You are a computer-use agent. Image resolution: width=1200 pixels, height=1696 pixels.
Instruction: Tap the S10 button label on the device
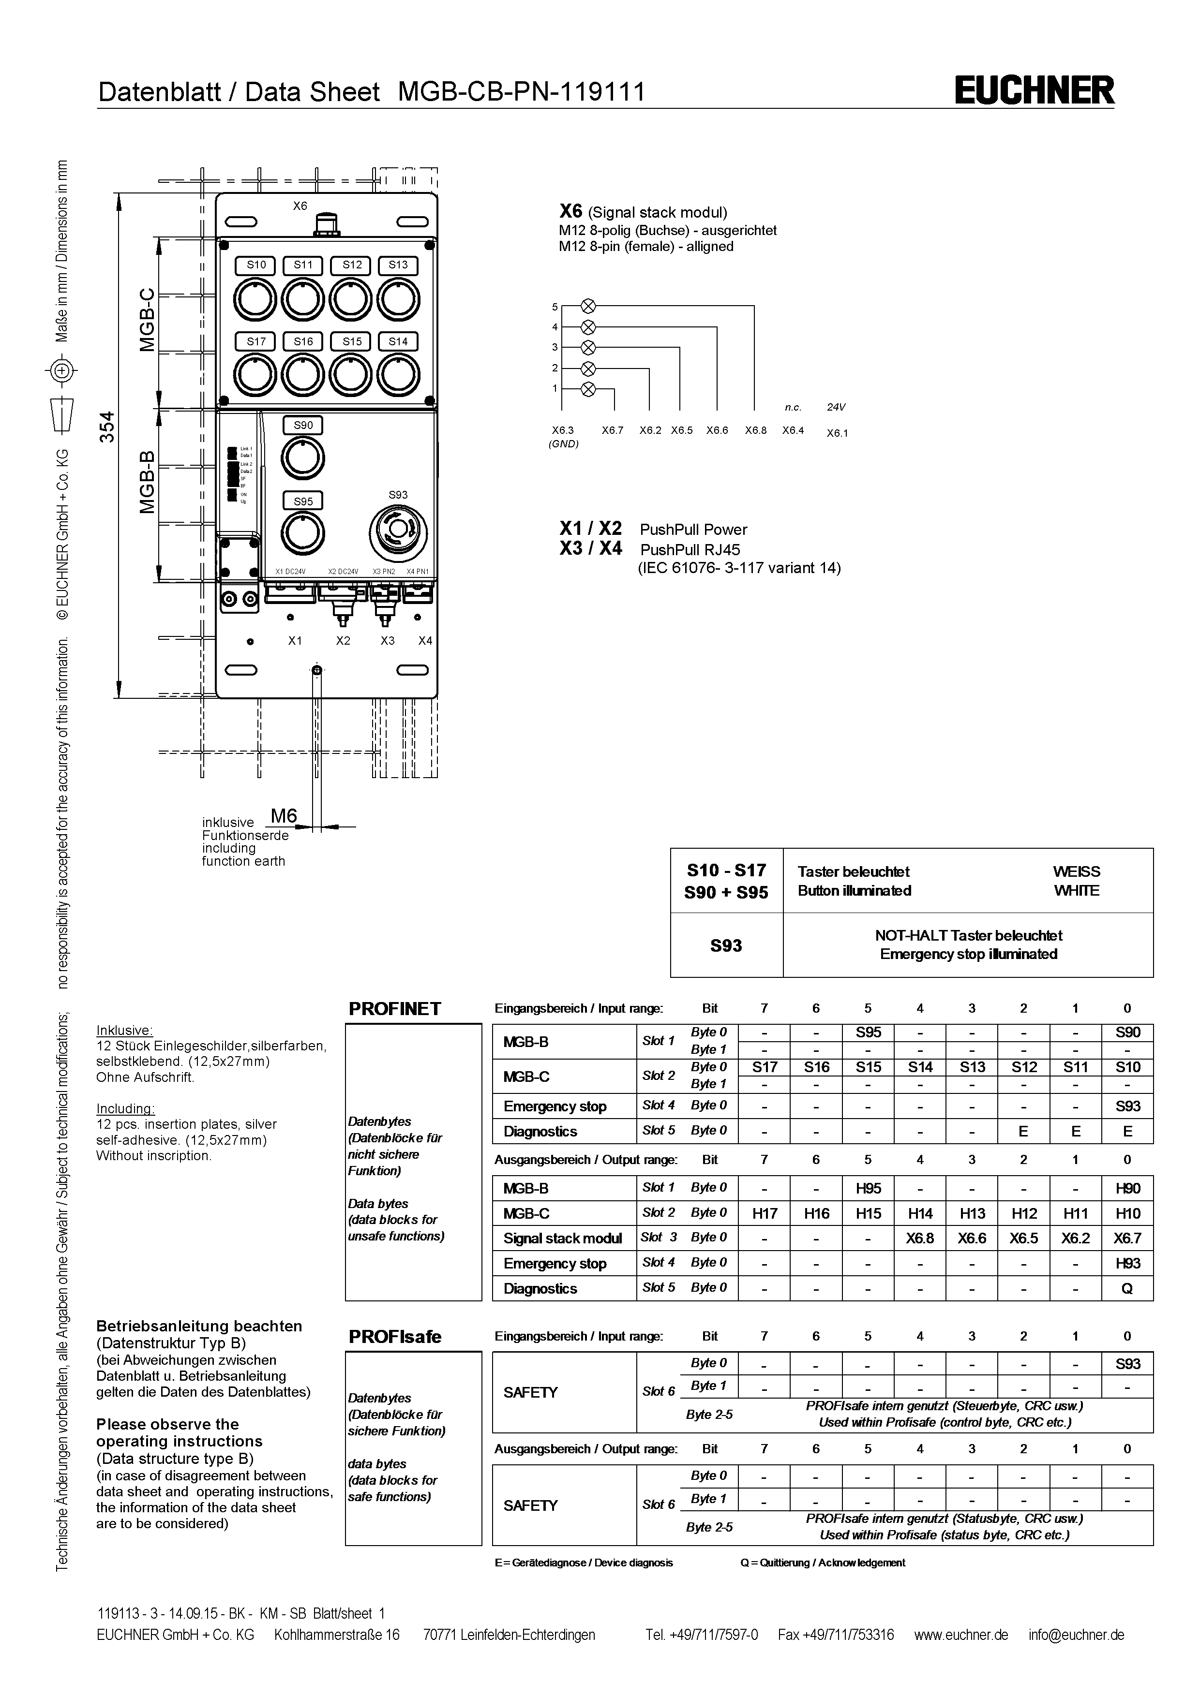(255, 265)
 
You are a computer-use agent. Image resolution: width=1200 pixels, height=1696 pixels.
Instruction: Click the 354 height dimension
(108, 427)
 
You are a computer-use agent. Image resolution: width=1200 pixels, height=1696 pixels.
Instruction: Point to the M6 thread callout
(284, 816)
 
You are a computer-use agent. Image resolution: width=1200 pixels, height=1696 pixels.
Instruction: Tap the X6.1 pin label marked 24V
(837, 434)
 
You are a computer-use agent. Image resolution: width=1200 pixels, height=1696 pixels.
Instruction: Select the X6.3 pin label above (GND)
(562, 430)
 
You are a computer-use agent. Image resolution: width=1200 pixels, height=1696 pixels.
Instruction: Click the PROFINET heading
(394, 1009)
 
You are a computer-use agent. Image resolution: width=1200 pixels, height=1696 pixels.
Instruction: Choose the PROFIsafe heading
(394, 1337)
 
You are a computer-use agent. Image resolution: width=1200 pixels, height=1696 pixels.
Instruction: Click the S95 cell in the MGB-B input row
(868, 1032)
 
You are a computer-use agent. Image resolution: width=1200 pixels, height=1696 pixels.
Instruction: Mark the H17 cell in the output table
(764, 1214)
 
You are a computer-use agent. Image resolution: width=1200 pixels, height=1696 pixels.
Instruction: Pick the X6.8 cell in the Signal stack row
(920, 1239)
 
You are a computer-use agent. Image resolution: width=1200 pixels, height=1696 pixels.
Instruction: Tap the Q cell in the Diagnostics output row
(1127, 1289)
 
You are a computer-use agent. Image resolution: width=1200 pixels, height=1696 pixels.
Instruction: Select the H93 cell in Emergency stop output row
(1127, 1264)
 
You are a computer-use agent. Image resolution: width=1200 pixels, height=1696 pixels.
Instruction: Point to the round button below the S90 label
(302, 458)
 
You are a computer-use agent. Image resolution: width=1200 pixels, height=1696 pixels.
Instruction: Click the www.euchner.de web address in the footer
(960, 1635)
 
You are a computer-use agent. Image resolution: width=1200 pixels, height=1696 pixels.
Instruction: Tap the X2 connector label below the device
(343, 641)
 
